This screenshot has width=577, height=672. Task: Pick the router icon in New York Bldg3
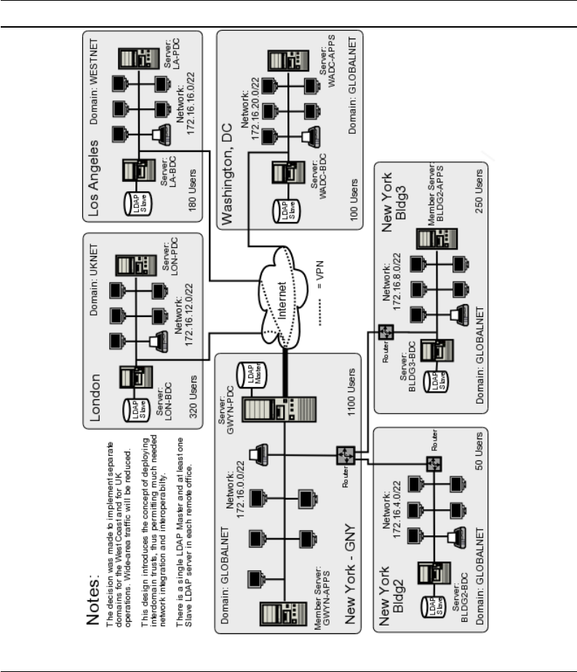(x=386, y=332)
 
